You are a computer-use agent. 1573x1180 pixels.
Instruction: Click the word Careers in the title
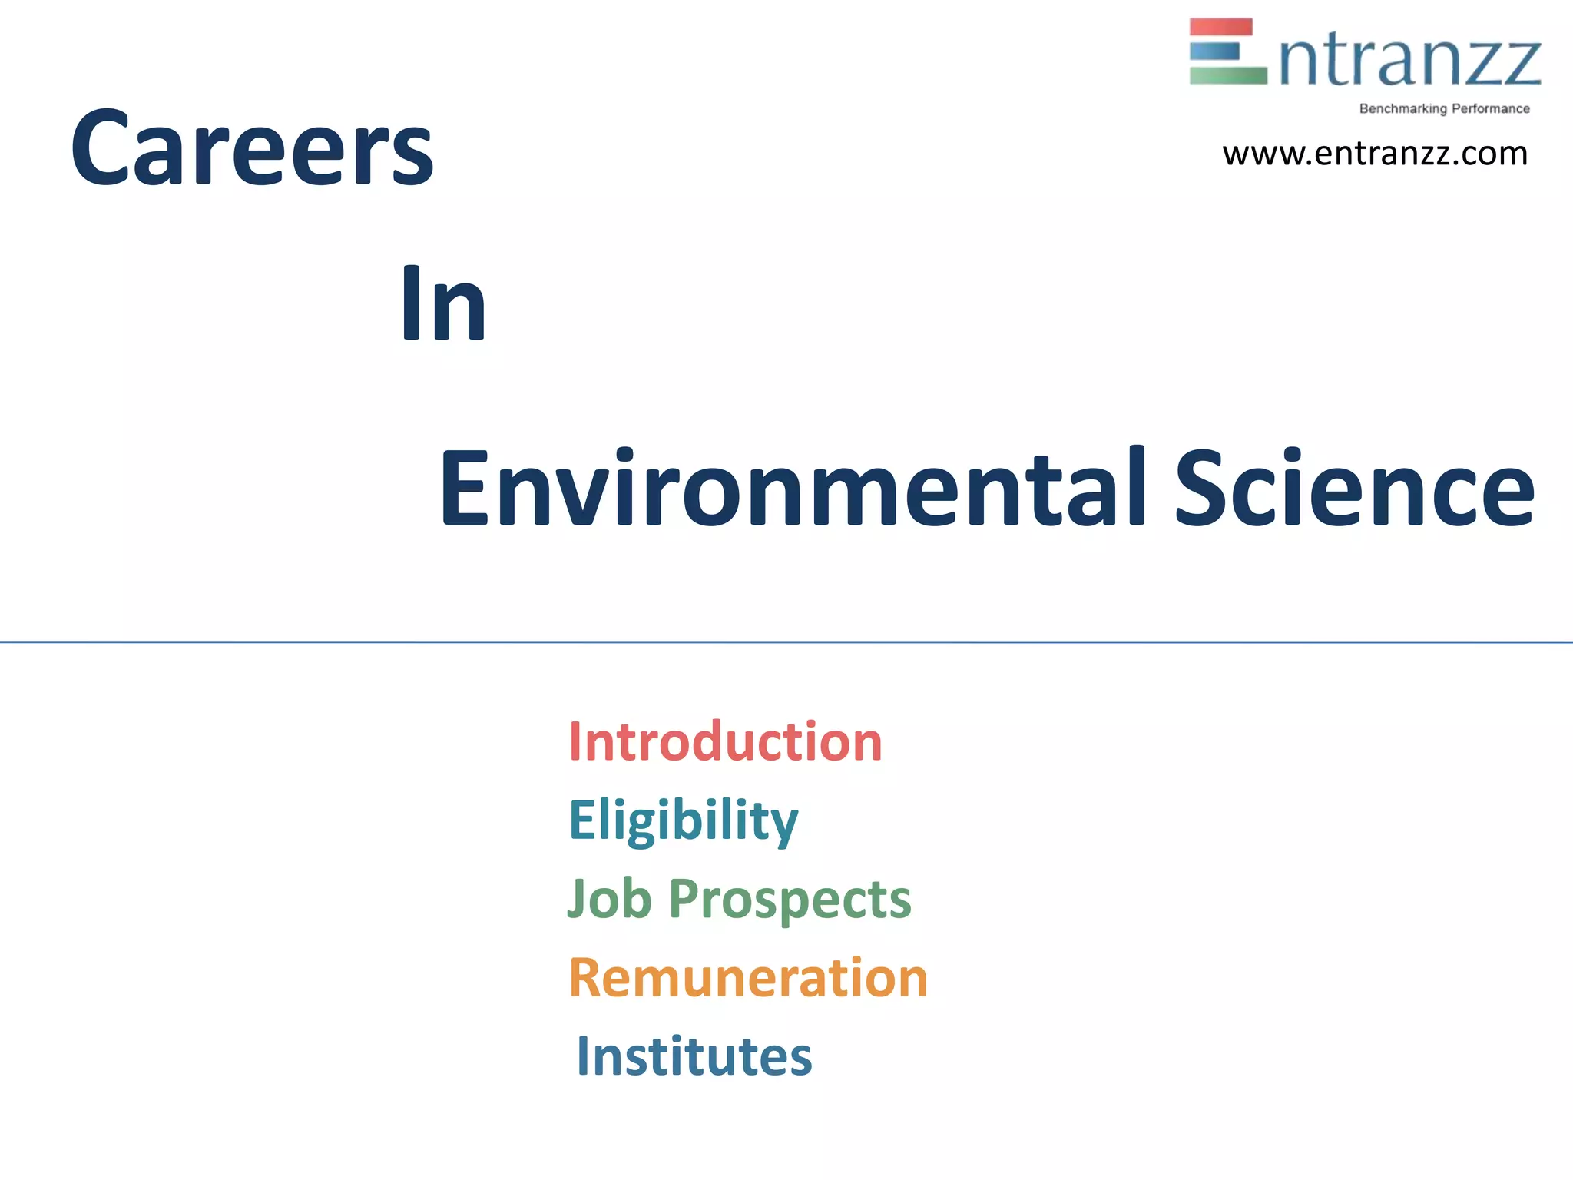[x=252, y=147]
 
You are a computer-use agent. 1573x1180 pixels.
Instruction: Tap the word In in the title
[x=443, y=303]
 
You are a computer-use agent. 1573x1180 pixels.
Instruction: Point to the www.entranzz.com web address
[x=1375, y=154]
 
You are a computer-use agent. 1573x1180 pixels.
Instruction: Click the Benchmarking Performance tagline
[x=1444, y=109]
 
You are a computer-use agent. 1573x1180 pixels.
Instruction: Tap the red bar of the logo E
[x=1221, y=27]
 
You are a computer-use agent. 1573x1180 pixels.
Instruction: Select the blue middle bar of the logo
[x=1214, y=51]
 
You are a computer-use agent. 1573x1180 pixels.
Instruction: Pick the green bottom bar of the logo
[x=1227, y=75]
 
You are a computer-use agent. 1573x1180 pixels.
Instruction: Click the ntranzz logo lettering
[x=1410, y=61]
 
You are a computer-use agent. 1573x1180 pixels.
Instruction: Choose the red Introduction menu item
[x=725, y=742]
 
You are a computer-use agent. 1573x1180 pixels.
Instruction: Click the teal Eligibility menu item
[x=683, y=820]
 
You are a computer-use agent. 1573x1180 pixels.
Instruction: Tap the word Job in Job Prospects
[x=609, y=898]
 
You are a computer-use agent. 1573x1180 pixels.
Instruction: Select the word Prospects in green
[x=790, y=900]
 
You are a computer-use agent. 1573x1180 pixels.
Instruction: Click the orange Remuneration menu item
[x=748, y=978]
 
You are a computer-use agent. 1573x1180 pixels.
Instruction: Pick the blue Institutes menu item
[x=694, y=1056]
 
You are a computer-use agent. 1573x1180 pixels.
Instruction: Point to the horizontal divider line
[x=786, y=642]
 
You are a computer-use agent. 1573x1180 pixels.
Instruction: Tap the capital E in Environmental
[x=465, y=489]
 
